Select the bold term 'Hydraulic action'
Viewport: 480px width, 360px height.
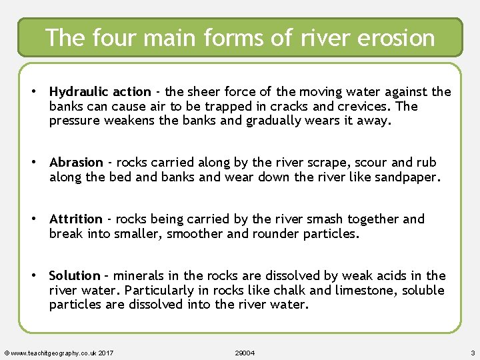pos(100,92)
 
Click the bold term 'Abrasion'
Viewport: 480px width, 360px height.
pos(76,163)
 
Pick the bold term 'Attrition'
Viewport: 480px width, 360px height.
pos(76,219)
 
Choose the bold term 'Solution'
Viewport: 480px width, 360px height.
pos(75,276)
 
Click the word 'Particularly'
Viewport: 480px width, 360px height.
pos(163,290)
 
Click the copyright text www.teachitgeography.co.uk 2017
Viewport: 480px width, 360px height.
pos(59,352)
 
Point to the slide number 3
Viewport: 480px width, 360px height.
pos(472,352)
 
